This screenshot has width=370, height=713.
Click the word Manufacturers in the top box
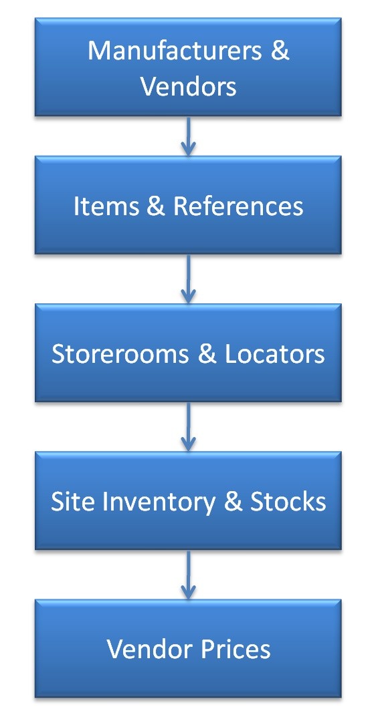pos(174,51)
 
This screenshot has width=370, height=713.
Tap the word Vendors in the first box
pos(188,86)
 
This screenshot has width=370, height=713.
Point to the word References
pos(238,206)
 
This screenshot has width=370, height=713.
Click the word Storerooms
pos(120,354)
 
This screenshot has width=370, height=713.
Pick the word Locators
pos(275,354)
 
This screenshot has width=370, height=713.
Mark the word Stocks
pos(288,502)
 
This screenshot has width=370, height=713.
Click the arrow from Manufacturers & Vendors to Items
pos(188,136)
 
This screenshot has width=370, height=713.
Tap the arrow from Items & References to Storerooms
pos(188,279)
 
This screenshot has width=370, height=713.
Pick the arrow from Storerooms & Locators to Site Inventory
pos(188,426)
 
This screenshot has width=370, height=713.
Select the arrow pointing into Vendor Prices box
pos(188,574)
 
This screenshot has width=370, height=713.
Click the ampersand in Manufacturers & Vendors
pos(280,51)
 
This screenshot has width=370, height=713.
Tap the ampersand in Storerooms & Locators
pos(207,354)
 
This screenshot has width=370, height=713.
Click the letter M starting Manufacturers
pos(98,51)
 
